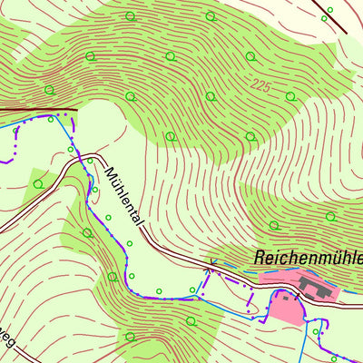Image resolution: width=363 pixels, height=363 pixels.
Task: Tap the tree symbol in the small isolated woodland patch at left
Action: coord(37,183)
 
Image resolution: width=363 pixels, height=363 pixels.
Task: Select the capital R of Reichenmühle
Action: coord(260,257)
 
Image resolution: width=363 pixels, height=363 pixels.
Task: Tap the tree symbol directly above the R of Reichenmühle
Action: coord(273,225)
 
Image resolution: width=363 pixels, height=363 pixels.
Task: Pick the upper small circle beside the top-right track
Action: coord(329,9)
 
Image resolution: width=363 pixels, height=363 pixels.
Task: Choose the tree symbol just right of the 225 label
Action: coord(290,95)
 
